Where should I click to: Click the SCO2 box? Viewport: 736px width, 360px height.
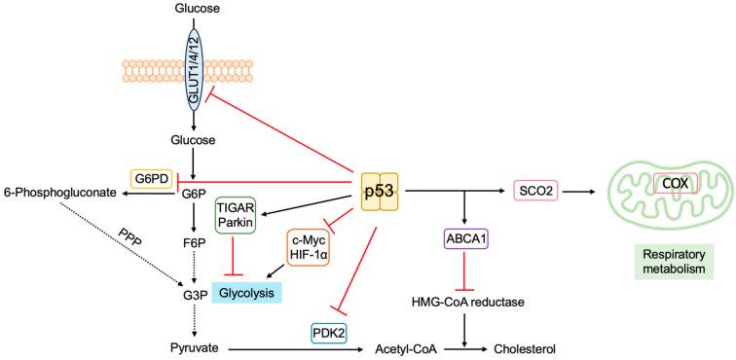(536, 192)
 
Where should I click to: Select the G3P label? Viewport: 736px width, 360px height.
(191, 290)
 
